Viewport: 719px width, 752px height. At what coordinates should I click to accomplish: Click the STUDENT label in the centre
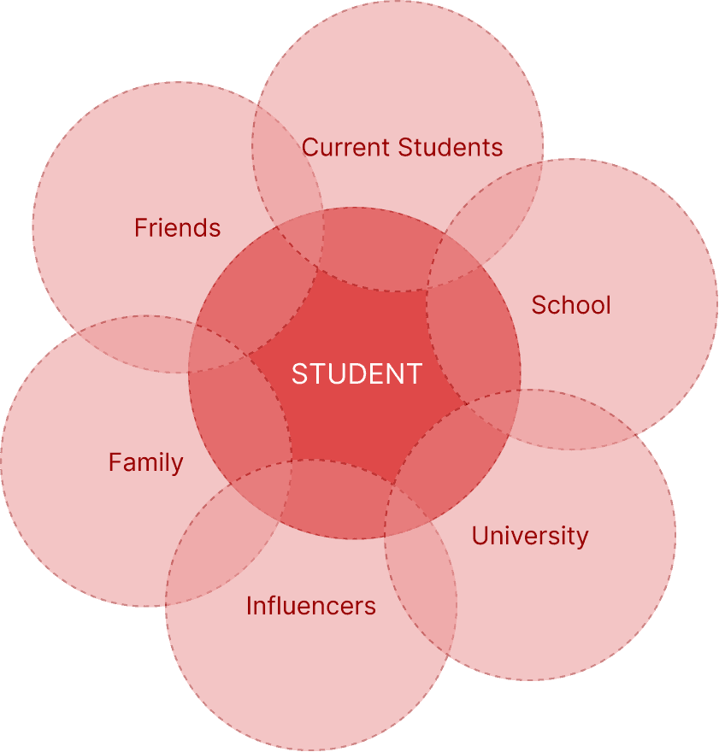coord(357,373)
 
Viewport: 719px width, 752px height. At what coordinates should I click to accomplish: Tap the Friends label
coord(177,228)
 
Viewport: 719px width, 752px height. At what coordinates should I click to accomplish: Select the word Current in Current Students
coord(345,147)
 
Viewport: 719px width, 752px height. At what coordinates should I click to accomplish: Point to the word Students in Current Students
coord(451,147)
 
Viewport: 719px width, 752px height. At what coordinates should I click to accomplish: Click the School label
coord(570,305)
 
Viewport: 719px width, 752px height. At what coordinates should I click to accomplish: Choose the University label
coord(530,536)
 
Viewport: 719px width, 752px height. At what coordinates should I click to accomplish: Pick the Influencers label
coord(310,606)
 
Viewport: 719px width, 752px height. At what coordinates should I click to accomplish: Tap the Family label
coord(145,462)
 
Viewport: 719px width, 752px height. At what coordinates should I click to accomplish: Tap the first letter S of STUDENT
coord(298,373)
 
